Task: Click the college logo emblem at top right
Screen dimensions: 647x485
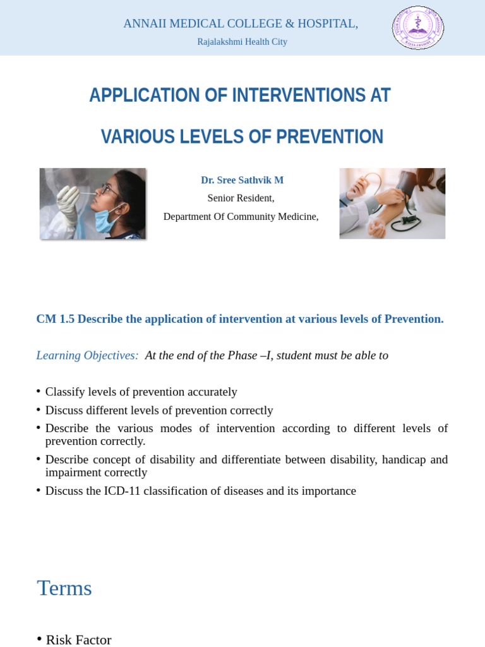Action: click(x=418, y=28)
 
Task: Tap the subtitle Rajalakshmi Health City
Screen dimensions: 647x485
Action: click(x=242, y=42)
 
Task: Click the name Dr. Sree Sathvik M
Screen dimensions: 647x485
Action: click(x=242, y=180)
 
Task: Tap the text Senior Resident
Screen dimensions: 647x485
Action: click(x=241, y=198)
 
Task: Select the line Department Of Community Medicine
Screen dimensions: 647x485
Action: click(x=241, y=217)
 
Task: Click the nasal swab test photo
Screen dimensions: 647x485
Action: click(x=93, y=203)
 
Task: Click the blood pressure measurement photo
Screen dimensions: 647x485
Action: click(x=392, y=203)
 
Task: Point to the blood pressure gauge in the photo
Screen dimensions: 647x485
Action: click(x=410, y=222)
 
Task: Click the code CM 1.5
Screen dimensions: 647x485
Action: click(x=55, y=319)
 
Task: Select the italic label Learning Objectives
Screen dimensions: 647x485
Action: click(x=87, y=356)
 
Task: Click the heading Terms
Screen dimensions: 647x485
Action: click(x=64, y=588)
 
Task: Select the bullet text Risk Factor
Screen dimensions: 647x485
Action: click(x=78, y=639)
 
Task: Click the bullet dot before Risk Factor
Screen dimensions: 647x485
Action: click(x=39, y=639)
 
